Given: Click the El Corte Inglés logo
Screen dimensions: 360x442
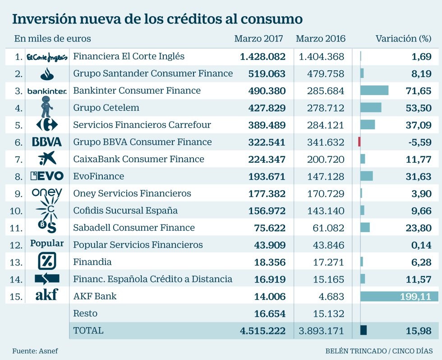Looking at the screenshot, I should click(47, 57).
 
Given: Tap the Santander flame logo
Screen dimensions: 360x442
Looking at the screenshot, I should click(47, 73).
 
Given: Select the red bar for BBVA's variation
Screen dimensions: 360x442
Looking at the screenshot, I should click(359, 142).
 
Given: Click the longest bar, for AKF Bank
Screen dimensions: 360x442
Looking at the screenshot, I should click(399, 296).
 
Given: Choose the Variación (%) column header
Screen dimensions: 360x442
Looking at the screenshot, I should click(403, 39).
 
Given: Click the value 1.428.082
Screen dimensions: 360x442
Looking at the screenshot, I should click(262, 57).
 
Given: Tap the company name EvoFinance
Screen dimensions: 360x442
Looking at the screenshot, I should click(98, 176).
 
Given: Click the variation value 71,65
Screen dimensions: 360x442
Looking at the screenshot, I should click(419, 91).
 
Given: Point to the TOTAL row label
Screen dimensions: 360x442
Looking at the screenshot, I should click(88, 330).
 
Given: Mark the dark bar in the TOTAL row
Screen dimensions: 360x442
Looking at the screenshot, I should click(364, 330).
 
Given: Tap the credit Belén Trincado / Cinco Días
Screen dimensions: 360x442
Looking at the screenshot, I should click(378, 351).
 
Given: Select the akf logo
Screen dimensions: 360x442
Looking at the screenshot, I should click(46, 295).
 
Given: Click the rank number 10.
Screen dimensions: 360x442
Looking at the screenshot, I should click(16, 210).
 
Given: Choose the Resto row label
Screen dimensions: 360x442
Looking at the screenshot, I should click(85, 313).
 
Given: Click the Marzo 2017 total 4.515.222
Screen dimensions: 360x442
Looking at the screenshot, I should click(262, 330).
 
